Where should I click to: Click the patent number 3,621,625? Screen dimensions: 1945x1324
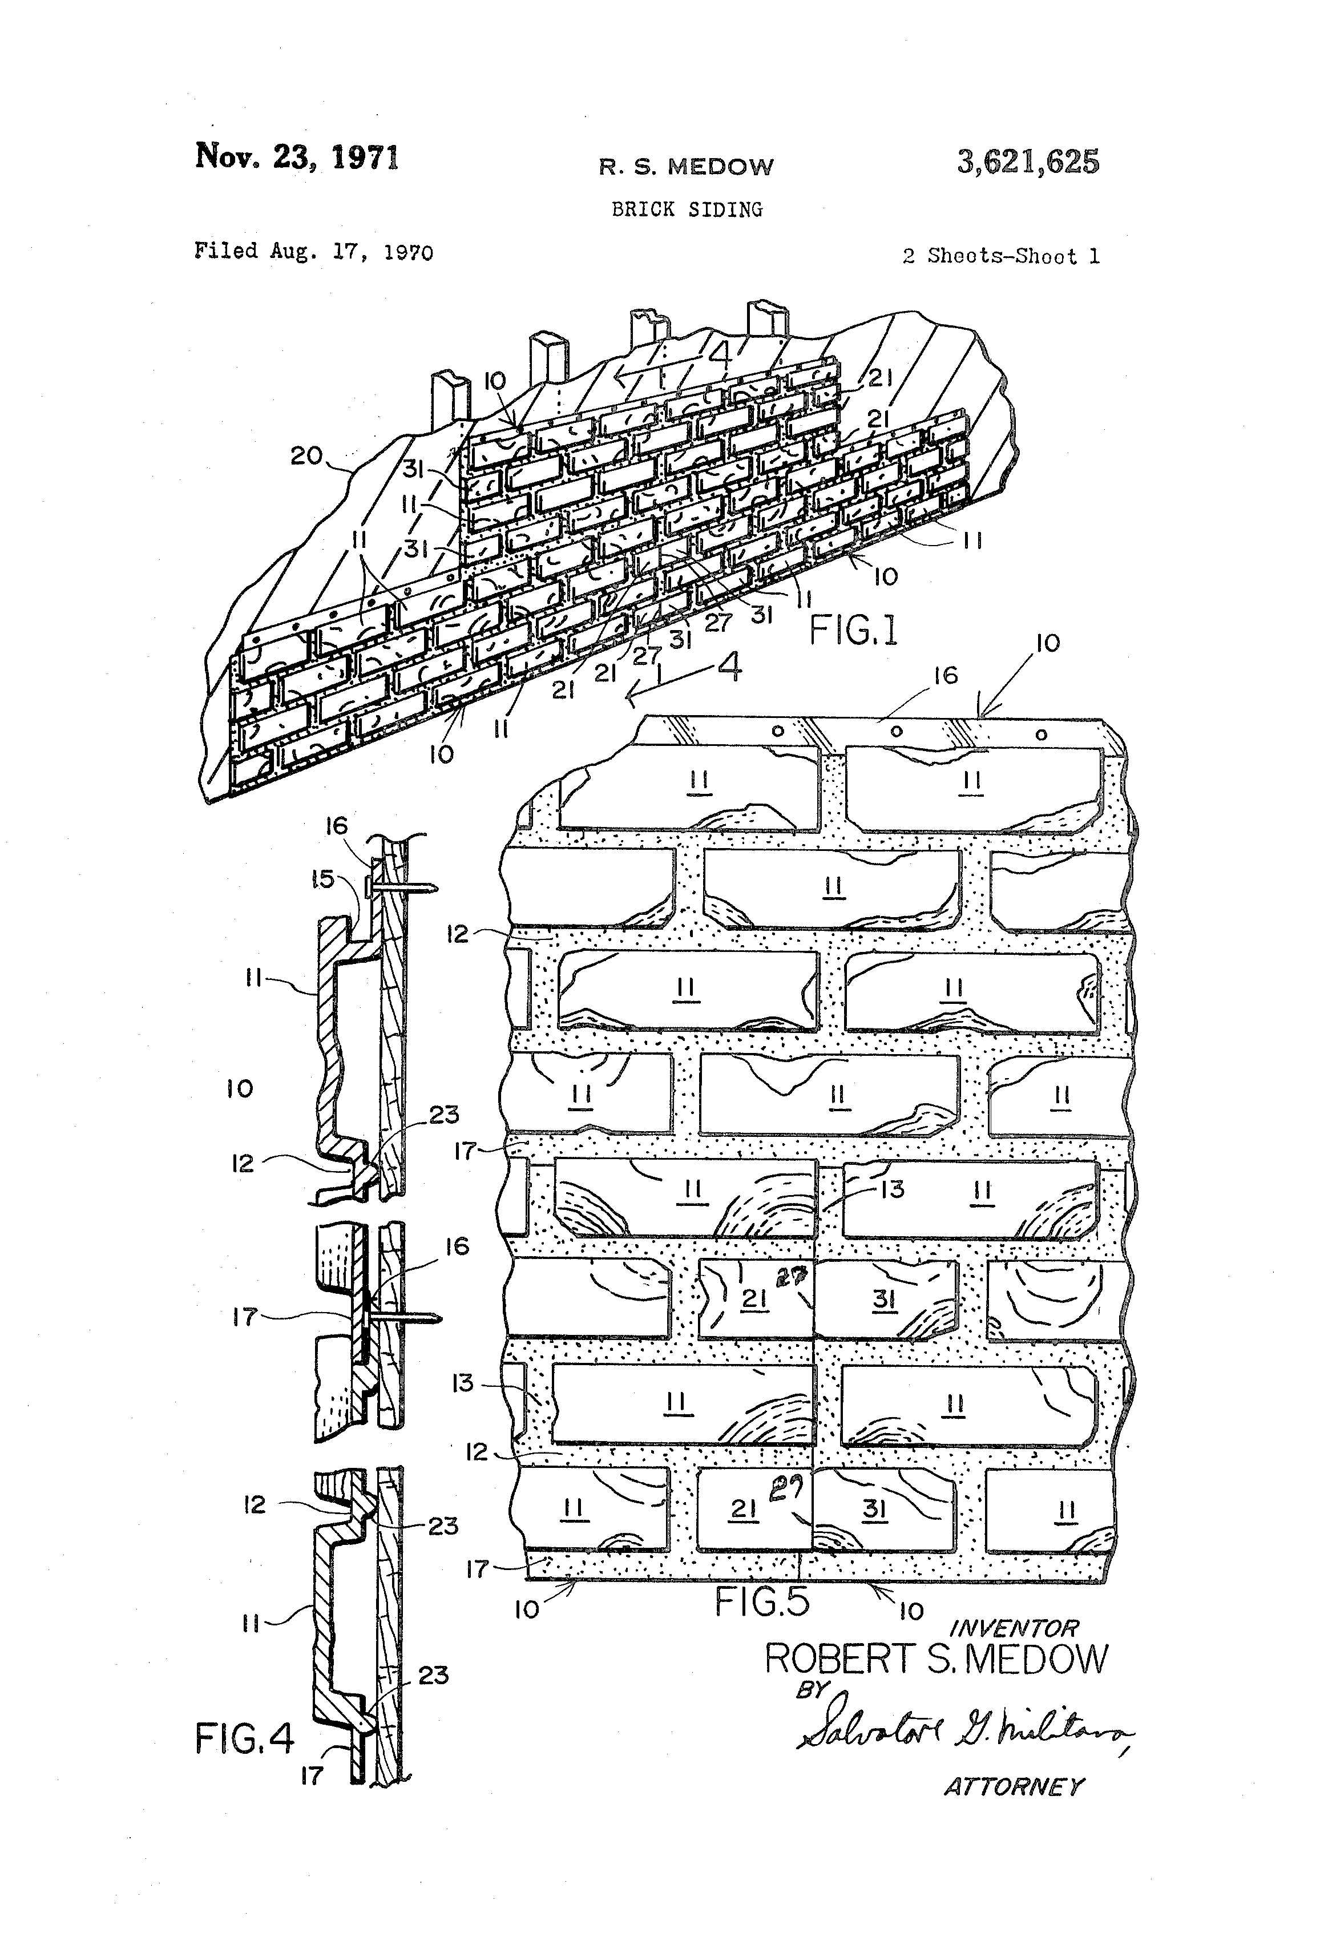pyautogui.click(x=1028, y=162)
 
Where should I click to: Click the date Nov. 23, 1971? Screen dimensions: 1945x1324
pyautogui.click(x=297, y=156)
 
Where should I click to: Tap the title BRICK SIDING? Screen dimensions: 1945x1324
pyautogui.click(x=687, y=209)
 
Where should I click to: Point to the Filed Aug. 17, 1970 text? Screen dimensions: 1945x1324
pyautogui.click(x=314, y=251)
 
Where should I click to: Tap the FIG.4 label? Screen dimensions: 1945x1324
pyautogui.click(x=244, y=1739)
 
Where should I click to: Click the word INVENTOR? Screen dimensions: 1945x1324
pyautogui.click(x=1014, y=1628)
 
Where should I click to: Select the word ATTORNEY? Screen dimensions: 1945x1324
pyautogui.click(x=1014, y=1787)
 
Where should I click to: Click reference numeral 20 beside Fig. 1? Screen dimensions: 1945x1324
pyautogui.click(x=306, y=456)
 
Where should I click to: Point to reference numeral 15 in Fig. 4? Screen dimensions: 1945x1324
pyautogui.click(x=322, y=879)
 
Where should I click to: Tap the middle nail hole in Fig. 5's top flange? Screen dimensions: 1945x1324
pyautogui.click(x=897, y=731)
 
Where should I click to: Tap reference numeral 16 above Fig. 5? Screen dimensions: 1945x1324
pyautogui.click(x=946, y=675)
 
